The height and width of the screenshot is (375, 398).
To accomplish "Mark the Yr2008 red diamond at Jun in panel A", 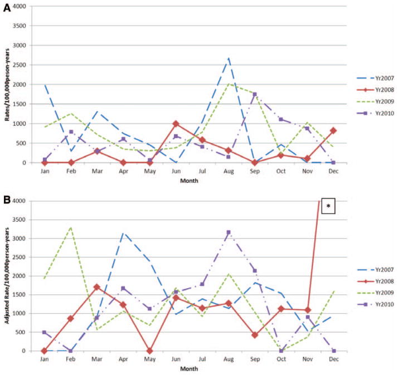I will coord(176,124).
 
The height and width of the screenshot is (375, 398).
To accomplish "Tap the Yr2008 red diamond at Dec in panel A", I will coord(333,130).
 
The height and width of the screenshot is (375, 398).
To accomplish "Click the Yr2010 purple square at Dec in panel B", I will coord(334,351).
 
